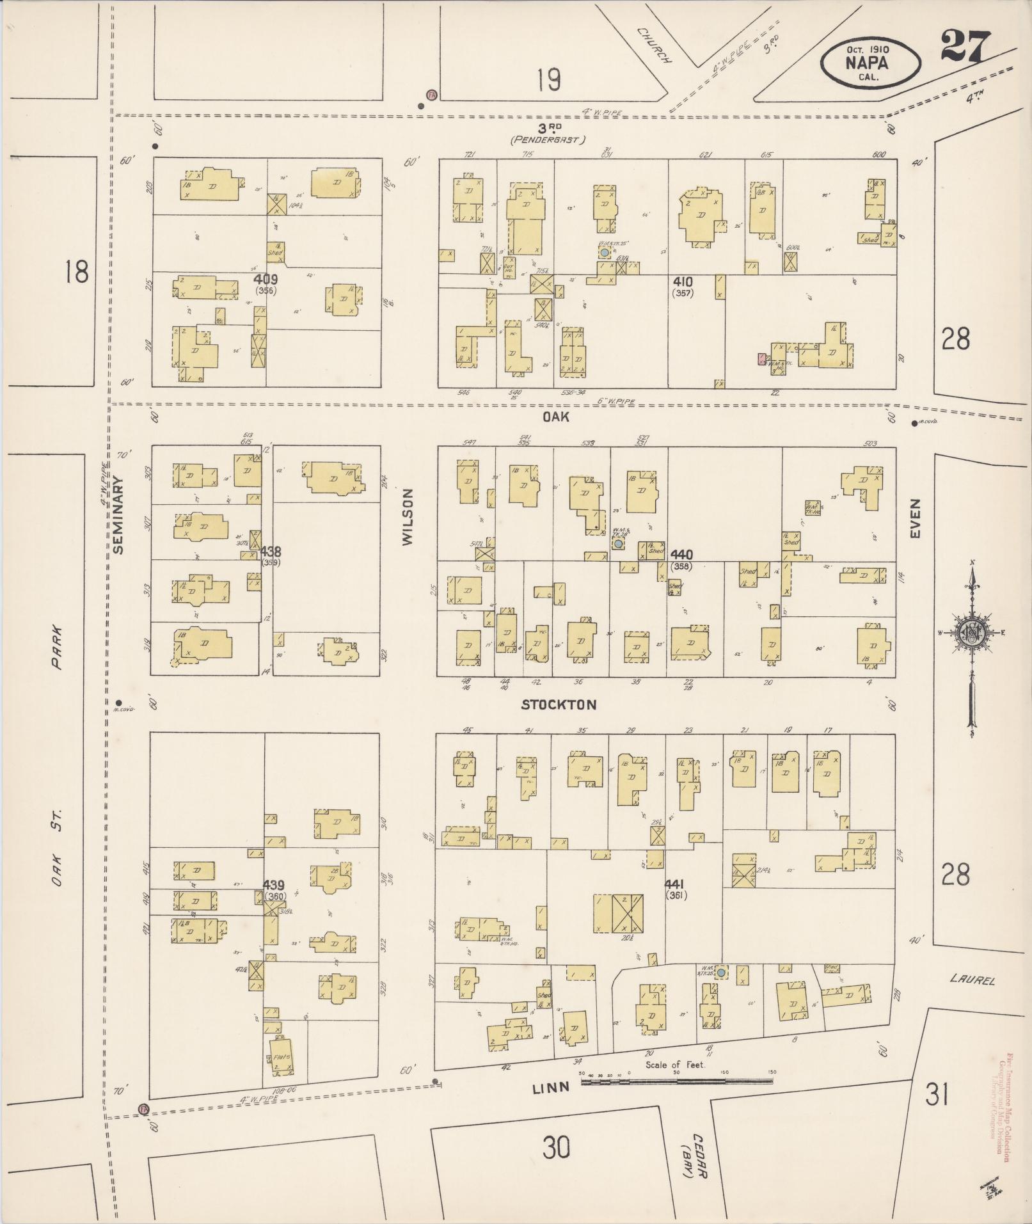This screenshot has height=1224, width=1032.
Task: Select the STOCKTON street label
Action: coord(559,705)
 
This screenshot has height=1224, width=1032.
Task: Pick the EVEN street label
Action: coord(915,518)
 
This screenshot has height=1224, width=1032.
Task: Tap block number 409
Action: coord(261,280)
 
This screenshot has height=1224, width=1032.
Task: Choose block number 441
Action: coord(676,884)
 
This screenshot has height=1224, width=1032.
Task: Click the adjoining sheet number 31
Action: coord(936,1097)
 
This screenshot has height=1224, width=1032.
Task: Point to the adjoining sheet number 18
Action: coord(75,272)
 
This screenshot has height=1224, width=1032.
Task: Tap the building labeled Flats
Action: coord(282,1056)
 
